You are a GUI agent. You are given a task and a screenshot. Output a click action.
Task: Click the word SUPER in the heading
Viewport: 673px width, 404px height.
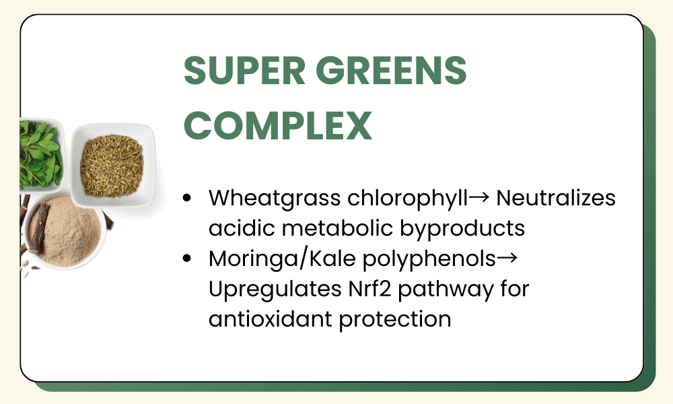[244, 70]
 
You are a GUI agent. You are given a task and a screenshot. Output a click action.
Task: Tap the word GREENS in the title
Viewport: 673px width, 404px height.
[391, 70]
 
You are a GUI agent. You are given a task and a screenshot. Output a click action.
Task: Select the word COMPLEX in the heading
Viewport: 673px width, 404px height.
[278, 125]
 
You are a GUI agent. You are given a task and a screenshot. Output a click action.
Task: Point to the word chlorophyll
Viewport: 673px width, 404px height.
[407, 199]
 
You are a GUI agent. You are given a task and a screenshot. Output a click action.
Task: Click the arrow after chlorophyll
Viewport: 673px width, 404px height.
[479, 197]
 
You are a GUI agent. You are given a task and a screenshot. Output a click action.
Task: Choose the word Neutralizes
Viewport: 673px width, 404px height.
[556, 198]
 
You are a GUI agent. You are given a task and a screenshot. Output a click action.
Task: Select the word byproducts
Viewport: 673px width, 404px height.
[462, 229]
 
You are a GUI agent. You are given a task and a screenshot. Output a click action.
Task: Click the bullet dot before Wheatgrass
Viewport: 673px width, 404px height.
[186, 198]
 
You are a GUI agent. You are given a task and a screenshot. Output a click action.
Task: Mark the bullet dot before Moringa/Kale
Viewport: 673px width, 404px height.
[186, 259]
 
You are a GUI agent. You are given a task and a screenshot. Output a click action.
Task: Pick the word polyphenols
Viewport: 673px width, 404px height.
[429, 259]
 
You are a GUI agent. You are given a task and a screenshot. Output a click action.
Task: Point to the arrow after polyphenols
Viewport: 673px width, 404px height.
[507, 258]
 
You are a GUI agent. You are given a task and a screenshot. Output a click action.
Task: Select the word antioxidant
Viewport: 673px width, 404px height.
[271, 319]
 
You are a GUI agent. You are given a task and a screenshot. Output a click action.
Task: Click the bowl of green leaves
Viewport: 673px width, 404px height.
[42, 155]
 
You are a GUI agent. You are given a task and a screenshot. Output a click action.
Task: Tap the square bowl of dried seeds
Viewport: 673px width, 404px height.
[112, 165]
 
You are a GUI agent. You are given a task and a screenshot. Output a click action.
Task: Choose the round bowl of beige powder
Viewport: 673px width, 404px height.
[65, 232]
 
